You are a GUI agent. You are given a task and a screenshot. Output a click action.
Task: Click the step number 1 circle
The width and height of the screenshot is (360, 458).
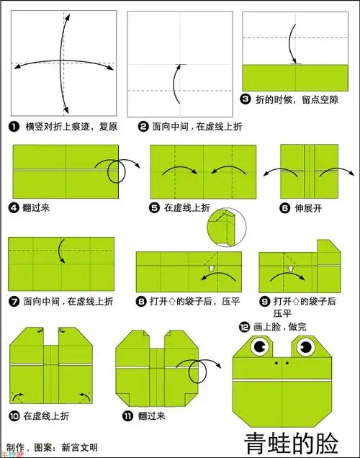tap(14, 127)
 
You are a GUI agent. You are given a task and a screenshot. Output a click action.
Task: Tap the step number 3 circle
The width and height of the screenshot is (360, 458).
tap(246, 99)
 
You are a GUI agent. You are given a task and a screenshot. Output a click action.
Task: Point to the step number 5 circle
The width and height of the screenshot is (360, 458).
tap(155, 207)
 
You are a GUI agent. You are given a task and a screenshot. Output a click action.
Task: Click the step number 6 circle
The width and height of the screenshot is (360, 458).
tap(284, 207)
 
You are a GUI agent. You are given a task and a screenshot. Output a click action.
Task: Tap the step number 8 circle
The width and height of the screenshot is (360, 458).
tap(142, 302)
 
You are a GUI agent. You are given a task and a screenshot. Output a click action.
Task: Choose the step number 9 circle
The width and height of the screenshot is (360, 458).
tap(264, 302)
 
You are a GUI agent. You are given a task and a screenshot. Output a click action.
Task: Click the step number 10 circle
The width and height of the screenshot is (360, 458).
tap(14, 416)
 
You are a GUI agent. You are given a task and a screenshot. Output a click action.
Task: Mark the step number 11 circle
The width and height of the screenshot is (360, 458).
tap(127, 416)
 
